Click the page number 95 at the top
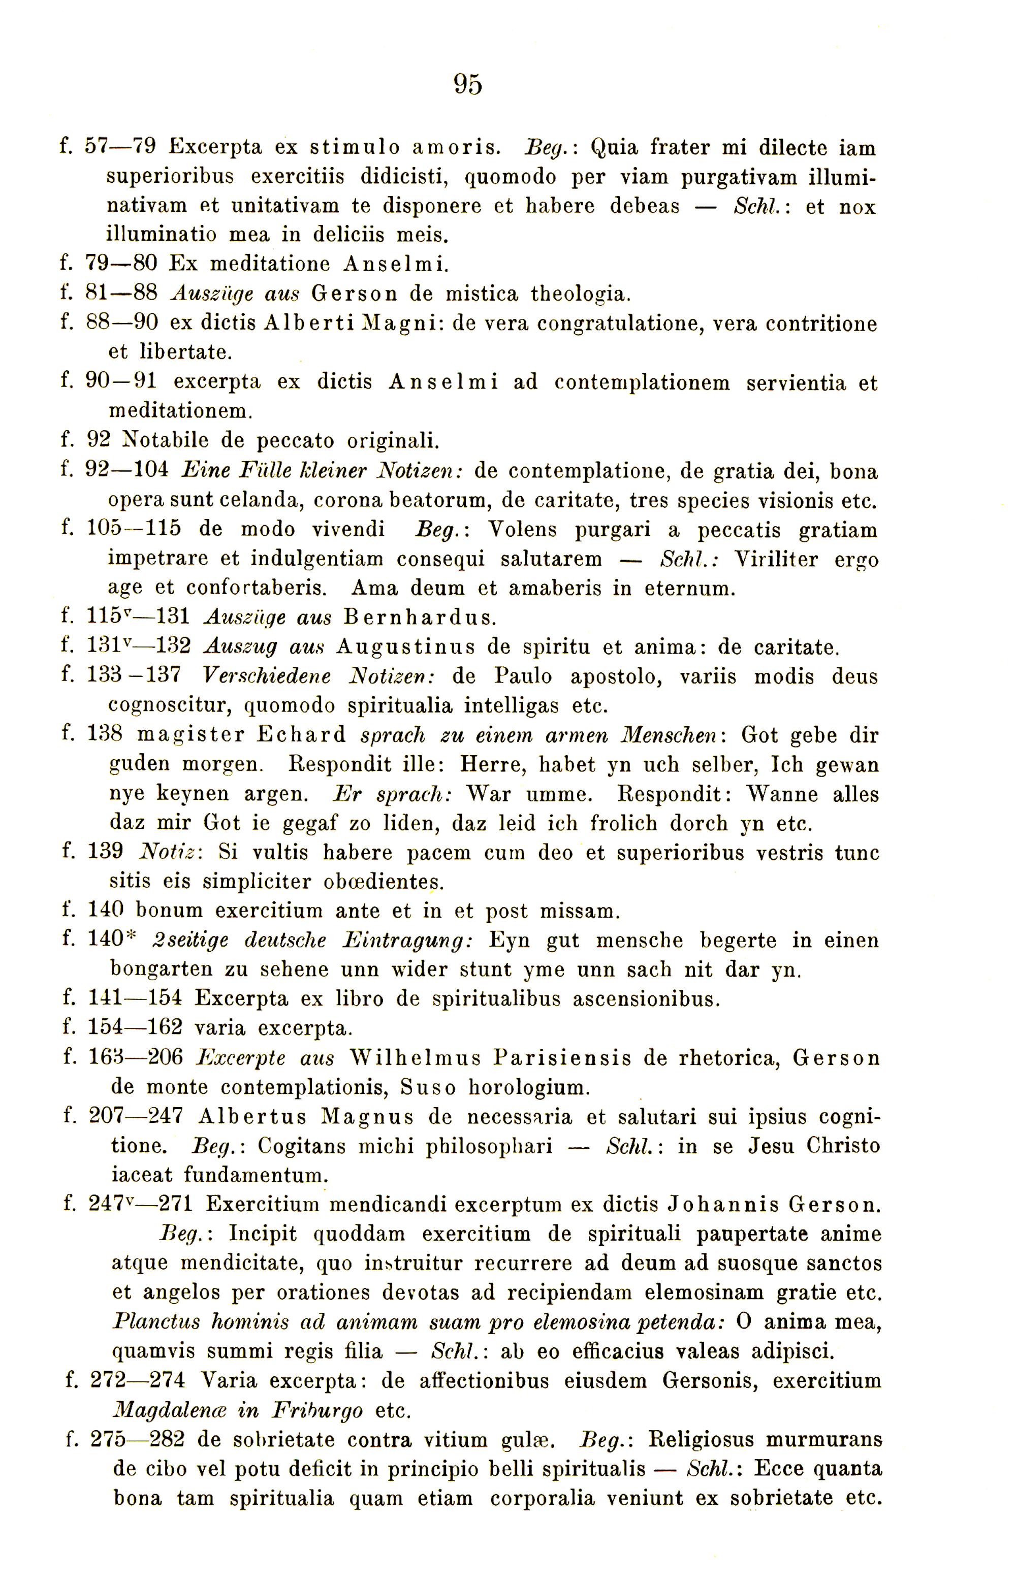point(468,84)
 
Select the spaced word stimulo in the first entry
point(355,147)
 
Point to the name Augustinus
point(405,647)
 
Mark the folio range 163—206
point(135,1058)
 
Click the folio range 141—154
point(135,999)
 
